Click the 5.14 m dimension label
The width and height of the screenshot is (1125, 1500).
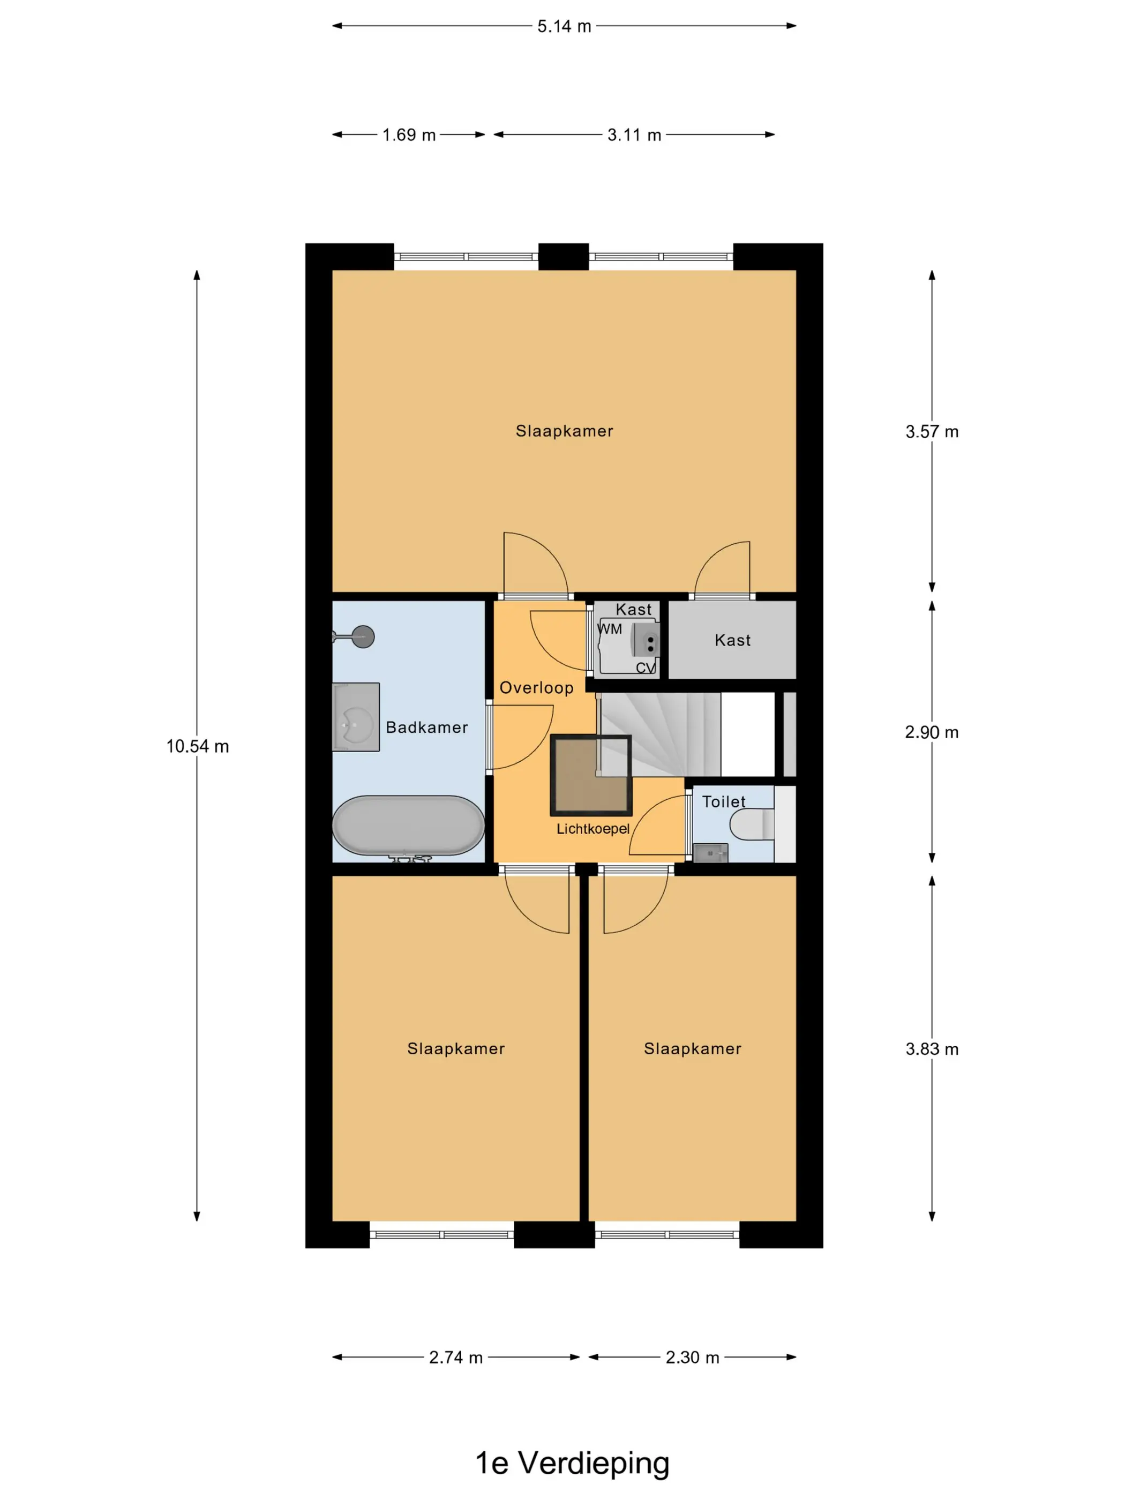pos(564,26)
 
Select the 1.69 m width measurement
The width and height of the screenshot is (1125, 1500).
pos(409,135)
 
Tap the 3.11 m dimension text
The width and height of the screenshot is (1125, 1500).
pos(634,135)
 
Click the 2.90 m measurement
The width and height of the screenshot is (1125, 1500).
pos(932,732)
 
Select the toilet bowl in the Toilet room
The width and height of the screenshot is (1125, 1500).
pos(752,824)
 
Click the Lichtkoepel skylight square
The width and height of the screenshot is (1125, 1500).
pos(591,775)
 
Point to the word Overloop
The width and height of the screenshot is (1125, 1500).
pos(536,688)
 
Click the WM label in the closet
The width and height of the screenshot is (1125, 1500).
pos(610,629)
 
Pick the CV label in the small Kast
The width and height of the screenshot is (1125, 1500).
pos(646,668)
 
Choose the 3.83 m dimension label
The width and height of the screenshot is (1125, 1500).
pos(932,1049)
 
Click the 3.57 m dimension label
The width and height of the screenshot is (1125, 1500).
pos(932,431)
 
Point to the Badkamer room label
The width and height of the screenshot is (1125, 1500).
pos(426,727)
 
